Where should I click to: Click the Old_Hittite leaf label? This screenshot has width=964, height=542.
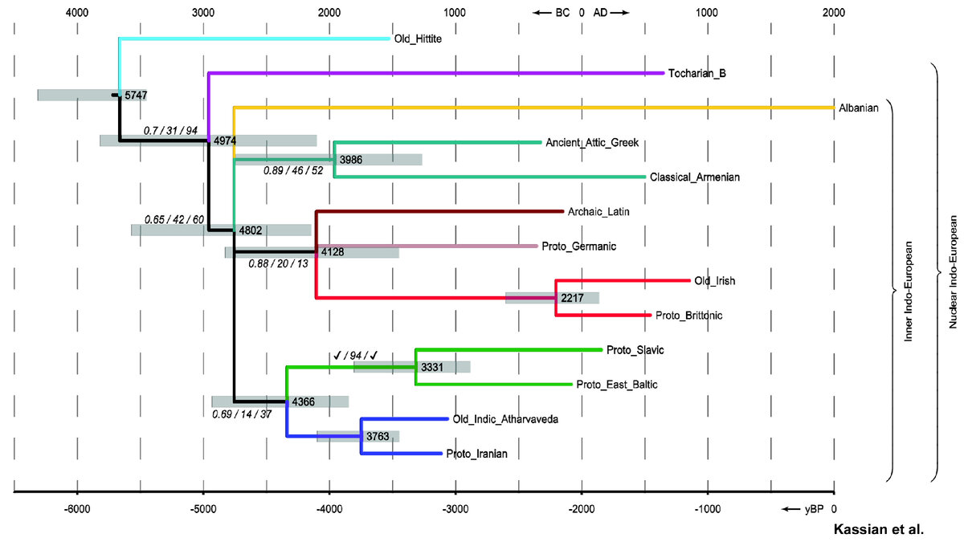coord(418,38)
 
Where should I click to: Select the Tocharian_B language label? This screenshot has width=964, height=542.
coord(697,73)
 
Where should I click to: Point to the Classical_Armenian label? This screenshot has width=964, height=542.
coord(695,177)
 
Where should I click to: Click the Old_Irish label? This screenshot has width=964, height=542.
coord(715,281)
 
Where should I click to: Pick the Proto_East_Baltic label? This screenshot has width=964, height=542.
coord(617,385)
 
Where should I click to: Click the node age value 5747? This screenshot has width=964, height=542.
coord(136,95)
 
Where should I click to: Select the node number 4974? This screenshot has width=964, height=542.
coord(224,141)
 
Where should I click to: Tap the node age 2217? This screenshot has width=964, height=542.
coord(572,298)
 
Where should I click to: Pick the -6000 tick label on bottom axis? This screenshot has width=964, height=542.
coord(77,509)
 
